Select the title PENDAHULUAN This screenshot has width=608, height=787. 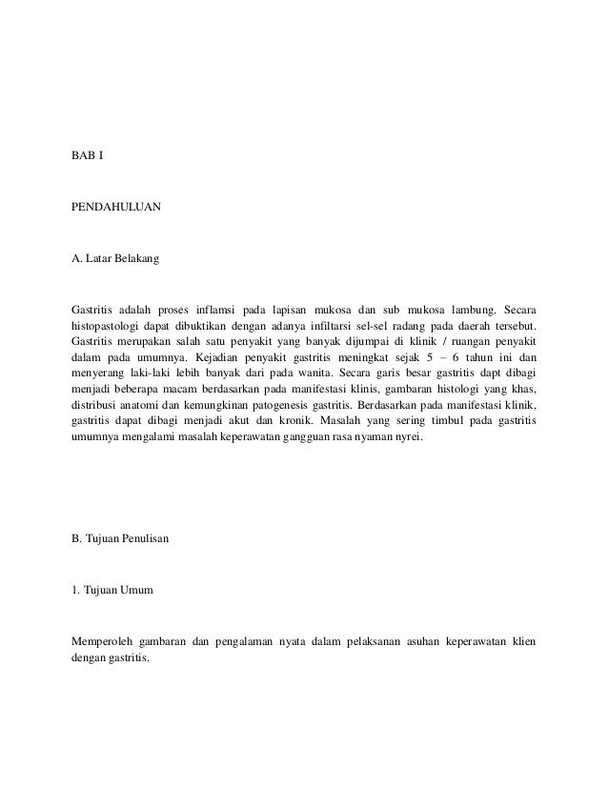pos(117,205)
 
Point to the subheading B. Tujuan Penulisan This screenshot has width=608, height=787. pos(120,539)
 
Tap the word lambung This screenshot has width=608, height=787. pos(465,309)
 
